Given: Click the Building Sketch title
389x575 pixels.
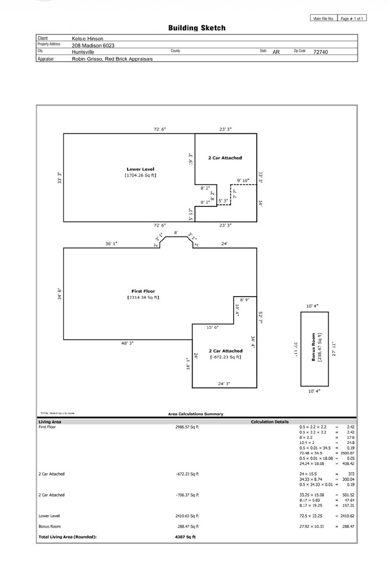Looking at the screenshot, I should tap(197, 28).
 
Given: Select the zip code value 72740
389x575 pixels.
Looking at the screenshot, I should tap(321, 52).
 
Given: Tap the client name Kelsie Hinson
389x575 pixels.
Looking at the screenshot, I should tap(88, 38).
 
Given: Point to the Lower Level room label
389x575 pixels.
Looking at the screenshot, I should tap(140, 169).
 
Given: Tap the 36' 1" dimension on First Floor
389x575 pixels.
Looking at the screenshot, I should tap(111, 244).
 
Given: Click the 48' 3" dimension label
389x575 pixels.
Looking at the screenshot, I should tap(127, 344).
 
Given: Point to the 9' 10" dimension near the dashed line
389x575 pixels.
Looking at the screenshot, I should tap(243, 181).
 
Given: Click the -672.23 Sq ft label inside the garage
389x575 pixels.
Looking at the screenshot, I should tap(226, 357).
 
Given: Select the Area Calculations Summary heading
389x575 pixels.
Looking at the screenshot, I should tap(196, 414).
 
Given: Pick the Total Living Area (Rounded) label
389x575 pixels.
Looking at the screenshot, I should tap(67, 536).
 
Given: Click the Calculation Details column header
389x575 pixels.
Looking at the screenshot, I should tap(269, 422).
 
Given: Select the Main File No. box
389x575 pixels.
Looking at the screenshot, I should tap(323, 19).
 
